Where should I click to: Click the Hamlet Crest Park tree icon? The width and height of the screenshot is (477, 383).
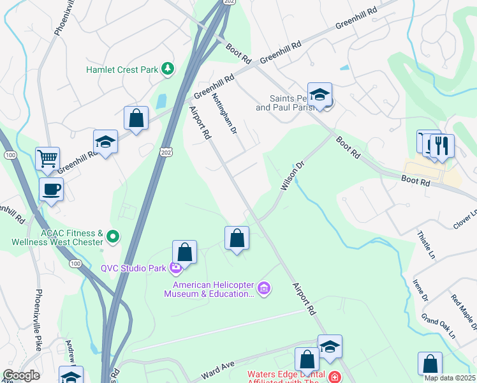pos(168,68)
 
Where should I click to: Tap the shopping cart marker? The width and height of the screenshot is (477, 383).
pos(48,158)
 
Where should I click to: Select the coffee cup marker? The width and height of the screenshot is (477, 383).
pos(51,189)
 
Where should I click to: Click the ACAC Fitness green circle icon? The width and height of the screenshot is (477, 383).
pos(114,237)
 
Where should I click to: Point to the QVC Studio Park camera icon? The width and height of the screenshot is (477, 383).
pos(175,267)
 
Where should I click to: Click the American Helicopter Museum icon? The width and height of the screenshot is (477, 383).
pos(265,289)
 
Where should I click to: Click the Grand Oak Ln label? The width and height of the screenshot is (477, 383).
pos(438,326)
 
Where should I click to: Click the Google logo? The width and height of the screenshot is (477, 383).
pos(21,375)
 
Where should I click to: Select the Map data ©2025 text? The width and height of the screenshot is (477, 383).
pos(450,378)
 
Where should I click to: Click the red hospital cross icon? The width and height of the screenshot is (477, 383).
pos(334,378)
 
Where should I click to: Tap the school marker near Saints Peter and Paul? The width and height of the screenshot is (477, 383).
pos(319,96)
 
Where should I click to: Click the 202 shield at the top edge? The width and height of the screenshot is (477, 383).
pos(227,3)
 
